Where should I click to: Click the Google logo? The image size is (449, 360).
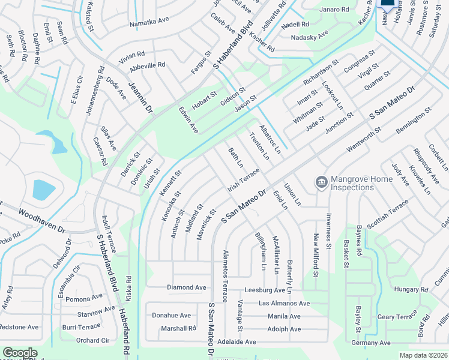click(20, 353)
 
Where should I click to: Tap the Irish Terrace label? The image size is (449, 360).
click(243, 180)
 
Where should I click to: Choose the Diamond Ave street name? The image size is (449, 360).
click(187, 287)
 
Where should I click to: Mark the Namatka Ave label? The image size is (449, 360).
click(149, 25)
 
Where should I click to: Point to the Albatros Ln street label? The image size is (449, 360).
click(270, 140)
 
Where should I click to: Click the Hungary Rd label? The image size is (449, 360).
click(410, 289)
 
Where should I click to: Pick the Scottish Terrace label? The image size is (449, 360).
click(387, 214)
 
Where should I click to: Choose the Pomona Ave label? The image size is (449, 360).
click(84, 299)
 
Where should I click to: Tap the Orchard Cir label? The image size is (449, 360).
click(92, 340)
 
